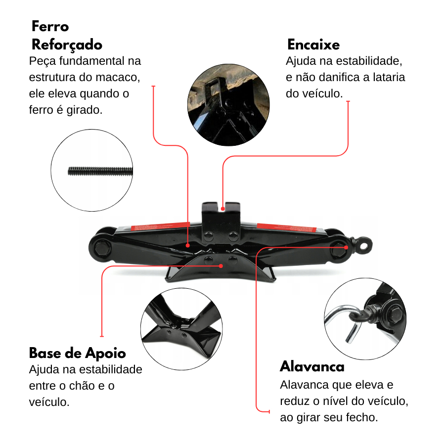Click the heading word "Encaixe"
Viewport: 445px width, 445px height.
pos(313,44)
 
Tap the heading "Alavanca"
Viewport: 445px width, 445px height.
pos(312,366)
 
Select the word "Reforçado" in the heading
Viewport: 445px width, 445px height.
pos(67,45)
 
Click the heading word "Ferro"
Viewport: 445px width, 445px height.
pos(50,26)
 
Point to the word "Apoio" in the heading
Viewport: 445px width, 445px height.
pos(105,354)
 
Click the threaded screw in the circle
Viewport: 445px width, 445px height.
pos(100,171)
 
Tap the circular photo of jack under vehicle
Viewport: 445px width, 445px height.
pos(228,105)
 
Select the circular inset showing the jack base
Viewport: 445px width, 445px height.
pos(181,329)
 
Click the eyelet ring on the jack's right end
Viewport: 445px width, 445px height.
pos(363,245)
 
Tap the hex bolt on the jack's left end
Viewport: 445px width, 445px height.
pos(101,248)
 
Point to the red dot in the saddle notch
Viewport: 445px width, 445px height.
pos(223,209)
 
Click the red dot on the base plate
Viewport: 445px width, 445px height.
pos(221,266)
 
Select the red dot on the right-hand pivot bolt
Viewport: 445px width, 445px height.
pos(346,248)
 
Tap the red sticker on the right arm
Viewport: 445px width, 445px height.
pos(287,227)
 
